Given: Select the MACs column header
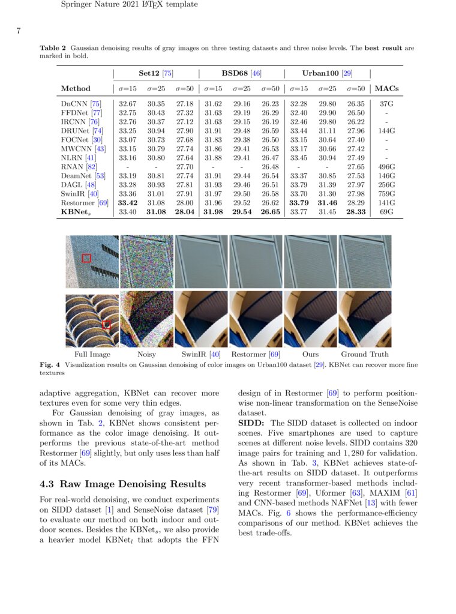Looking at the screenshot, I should click(386, 89).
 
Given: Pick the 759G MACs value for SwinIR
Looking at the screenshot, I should click(387, 194).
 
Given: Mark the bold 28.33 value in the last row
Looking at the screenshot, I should click(356, 212).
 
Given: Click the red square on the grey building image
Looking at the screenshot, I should click(86, 258).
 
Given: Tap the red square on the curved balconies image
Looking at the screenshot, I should click(106, 325).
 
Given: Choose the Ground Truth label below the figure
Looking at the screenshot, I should click(365, 355).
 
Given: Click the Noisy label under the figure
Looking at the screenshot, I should click(146, 355).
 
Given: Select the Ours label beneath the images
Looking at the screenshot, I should click(310, 355).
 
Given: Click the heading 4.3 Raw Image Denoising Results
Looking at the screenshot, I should click(122, 484).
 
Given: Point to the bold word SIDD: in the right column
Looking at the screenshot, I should click(251, 423).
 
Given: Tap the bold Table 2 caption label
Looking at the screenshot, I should click(53, 47).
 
